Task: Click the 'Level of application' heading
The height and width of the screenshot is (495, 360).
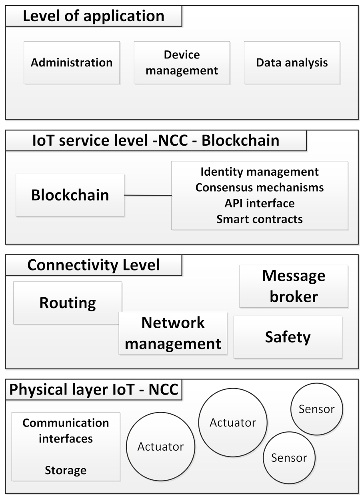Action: tap(93, 16)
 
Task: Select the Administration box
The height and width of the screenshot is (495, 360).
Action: tap(72, 63)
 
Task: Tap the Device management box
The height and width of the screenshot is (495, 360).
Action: tap(182, 63)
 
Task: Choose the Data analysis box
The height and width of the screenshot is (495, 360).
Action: tap(292, 63)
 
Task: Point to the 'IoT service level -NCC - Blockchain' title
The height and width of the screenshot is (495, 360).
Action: tap(156, 141)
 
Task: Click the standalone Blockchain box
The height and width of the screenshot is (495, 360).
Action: tap(70, 195)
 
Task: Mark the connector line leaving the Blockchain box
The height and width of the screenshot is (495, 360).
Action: tap(148, 195)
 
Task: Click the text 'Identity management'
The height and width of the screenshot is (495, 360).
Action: tap(259, 172)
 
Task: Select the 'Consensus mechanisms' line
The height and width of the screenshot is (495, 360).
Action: tap(259, 187)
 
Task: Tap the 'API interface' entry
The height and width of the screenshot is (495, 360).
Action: tap(259, 203)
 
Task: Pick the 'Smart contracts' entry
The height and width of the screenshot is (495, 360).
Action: tap(259, 219)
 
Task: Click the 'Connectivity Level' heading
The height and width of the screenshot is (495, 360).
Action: tap(93, 265)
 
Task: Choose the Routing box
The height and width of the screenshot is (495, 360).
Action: tap(68, 303)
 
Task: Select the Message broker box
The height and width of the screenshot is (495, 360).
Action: tap(294, 286)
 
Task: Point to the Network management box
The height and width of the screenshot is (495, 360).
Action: tap(173, 333)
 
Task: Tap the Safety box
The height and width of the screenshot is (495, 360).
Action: tap(288, 337)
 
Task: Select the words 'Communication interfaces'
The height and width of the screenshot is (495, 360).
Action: tap(66, 431)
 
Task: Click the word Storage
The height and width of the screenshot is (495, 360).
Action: tap(66, 470)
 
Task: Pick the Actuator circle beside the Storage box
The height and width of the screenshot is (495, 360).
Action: tap(160, 447)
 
